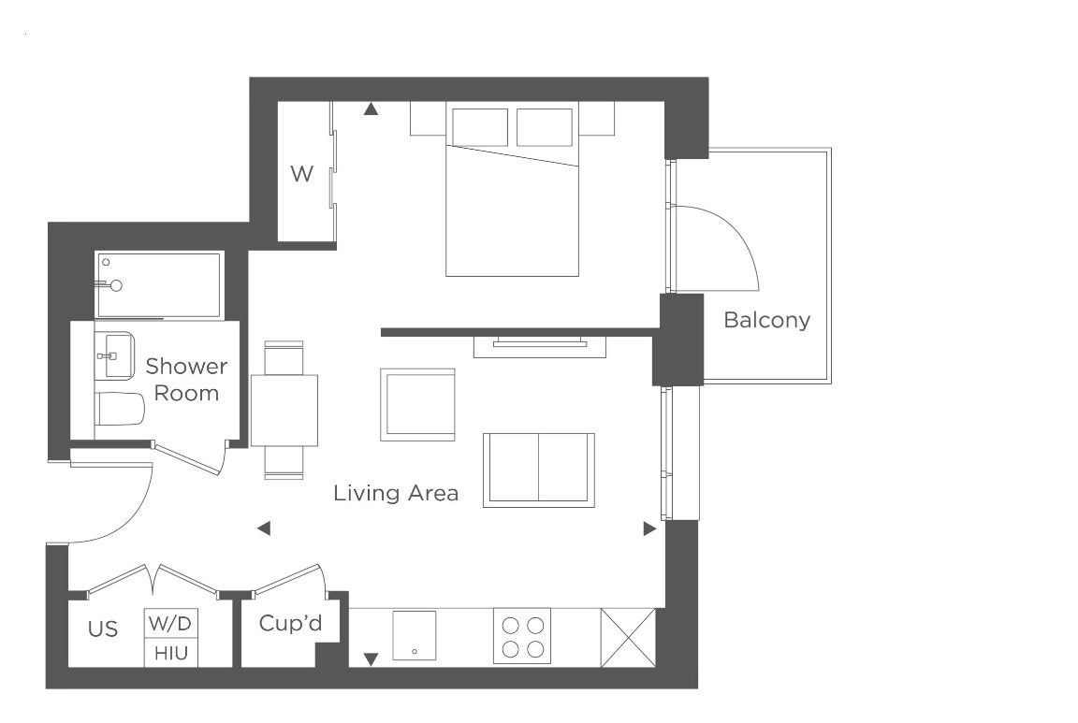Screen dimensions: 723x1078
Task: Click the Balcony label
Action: click(x=766, y=321)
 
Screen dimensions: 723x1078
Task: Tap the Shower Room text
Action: click(x=186, y=379)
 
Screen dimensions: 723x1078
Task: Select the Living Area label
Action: click(x=396, y=493)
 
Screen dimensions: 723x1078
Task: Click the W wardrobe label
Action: click(x=300, y=174)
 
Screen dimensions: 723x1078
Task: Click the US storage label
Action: click(x=103, y=629)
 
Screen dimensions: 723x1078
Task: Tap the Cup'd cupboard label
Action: click(x=291, y=623)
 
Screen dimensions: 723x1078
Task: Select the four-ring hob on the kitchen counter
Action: click(x=522, y=637)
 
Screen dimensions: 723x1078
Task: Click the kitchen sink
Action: click(x=415, y=635)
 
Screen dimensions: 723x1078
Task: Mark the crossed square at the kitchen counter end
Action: click(x=628, y=638)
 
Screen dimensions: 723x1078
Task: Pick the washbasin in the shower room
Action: click(x=118, y=356)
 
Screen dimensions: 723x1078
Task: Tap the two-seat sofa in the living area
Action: click(x=538, y=470)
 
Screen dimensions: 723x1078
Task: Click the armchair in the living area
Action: click(x=417, y=404)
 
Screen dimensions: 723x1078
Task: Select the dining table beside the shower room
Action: click(x=284, y=410)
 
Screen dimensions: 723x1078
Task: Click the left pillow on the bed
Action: click(x=480, y=127)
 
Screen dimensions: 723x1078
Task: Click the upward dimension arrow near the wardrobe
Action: click(x=371, y=109)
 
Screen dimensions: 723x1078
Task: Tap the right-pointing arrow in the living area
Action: click(x=648, y=529)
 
